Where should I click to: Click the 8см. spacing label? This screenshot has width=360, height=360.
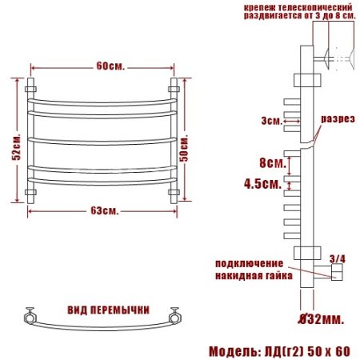click(x=274, y=162)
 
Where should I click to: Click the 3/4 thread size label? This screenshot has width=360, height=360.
click(x=338, y=258)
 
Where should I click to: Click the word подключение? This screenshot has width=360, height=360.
click(x=249, y=263)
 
